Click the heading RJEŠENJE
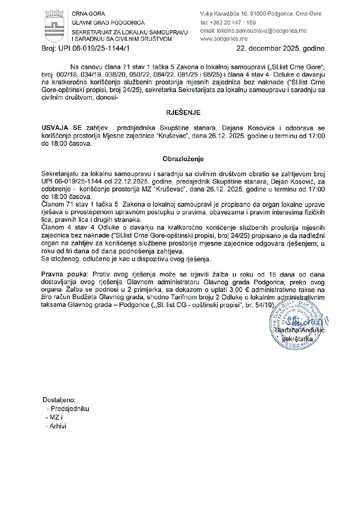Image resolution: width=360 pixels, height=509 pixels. tap(183, 113)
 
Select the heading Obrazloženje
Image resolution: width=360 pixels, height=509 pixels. tap(183, 159)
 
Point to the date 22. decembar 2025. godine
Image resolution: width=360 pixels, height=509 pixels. tap(280, 48)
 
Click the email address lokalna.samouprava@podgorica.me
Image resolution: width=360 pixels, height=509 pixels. tap(262, 31)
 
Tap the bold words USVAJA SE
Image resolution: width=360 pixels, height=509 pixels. tap(62, 128)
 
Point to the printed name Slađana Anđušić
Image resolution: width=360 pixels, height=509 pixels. tap(300, 330)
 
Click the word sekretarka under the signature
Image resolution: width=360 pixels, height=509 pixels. tap(298, 338)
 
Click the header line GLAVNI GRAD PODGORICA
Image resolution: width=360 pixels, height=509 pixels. tap(108, 23)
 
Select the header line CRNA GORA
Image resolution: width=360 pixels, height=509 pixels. tap(88, 14)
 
